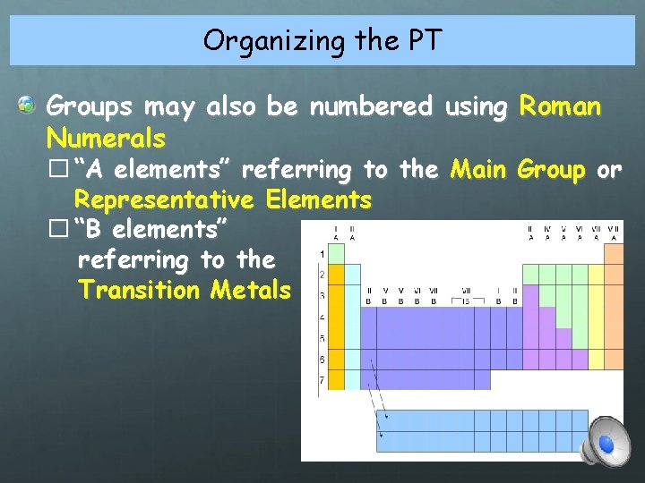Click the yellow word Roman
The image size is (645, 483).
pyautogui.click(x=561, y=107)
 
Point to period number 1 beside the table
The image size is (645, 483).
pyautogui.click(x=322, y=254)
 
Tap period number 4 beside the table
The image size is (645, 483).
pyautogui.click(x=322, y=317)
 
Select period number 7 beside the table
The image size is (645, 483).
pyautogui.click(x=322, y=382)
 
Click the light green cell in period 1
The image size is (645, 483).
pyautogui.click(x=337, y=254)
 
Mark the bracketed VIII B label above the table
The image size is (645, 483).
pyautogui.click(x=467, y=296)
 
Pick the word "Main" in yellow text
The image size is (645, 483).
pyautogui.click(x=479, y=169)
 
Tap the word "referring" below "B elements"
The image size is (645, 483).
pyautogui.click(x=134, y=260)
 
